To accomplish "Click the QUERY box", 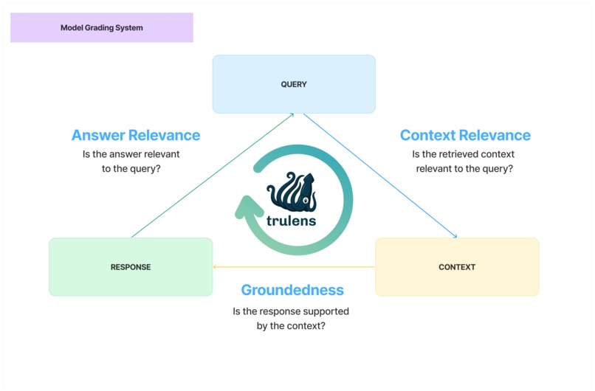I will (x=294, y=84).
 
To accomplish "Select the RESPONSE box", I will (x=131, y=267).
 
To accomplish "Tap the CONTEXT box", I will (x=457, y=267).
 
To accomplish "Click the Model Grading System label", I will (x=102, y=27).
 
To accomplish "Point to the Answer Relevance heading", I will (x=136, y=135).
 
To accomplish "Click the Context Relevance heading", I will (x=465, y=135).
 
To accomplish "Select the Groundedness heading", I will (x=292, y=290).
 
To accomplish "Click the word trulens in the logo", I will (x=291, y=220).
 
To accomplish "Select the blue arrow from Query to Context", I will (x=379, y=176).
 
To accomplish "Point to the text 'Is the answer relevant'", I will (x=131, y=154).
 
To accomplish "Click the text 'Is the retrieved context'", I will (x=464, y=154).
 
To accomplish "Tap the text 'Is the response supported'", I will (x=291, y=311).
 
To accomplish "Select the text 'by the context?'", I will (x=291, y=325).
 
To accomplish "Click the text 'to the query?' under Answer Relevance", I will (x=131, y=168).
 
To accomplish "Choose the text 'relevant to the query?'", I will (x=464, y=168).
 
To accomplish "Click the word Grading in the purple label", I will (x=102, y=27).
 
